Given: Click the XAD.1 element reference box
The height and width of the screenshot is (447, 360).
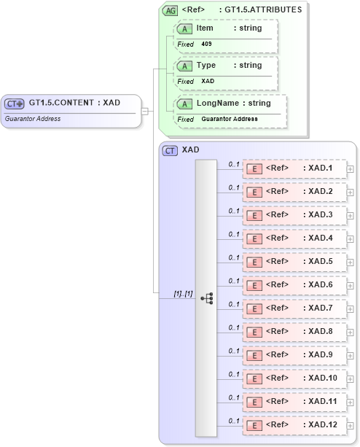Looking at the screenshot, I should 294,168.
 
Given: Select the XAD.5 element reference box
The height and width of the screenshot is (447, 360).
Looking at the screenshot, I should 294,262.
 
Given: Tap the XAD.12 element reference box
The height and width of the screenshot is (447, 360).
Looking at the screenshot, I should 294,425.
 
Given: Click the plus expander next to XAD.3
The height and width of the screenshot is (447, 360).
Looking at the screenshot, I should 351,215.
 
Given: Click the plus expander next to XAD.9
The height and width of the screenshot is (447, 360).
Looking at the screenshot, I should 351,355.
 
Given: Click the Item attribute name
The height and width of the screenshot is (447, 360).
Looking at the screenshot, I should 205,28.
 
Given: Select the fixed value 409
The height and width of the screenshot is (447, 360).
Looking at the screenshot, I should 207,44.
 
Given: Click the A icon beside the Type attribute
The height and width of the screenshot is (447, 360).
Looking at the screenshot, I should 185,66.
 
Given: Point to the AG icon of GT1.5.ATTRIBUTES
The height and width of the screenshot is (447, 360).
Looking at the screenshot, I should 170,11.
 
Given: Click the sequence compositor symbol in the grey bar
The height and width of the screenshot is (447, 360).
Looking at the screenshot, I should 207,298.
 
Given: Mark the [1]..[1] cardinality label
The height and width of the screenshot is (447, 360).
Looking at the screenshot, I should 182,293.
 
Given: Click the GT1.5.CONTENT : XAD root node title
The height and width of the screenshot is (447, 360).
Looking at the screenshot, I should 74,103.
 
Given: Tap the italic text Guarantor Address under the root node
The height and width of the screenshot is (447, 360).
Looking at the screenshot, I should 33,119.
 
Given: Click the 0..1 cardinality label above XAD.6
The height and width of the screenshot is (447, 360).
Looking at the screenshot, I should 234,281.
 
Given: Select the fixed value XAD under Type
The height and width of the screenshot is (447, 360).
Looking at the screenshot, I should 208,82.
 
